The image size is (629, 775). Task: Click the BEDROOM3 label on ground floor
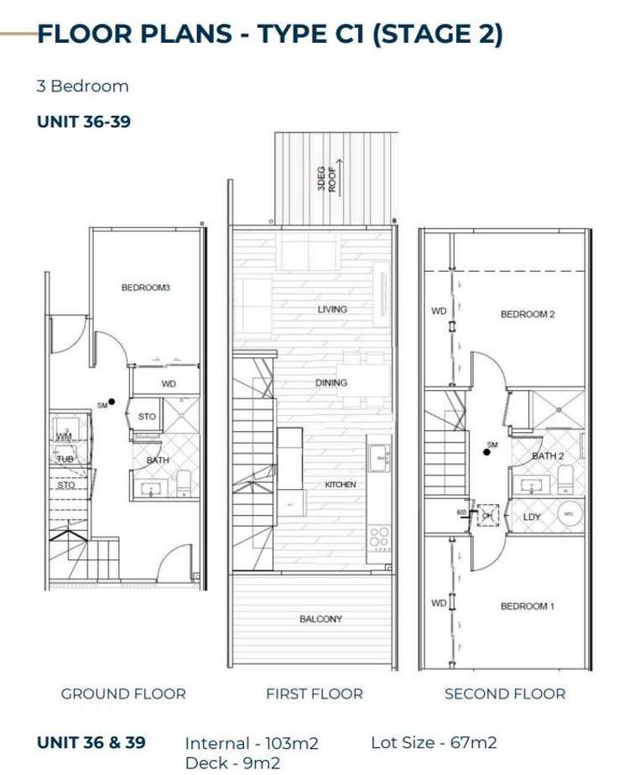145,288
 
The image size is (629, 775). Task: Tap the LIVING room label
332,309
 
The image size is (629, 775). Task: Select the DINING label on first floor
331,382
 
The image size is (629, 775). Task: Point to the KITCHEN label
340,485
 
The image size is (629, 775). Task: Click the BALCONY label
320,619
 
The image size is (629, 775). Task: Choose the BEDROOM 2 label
528,315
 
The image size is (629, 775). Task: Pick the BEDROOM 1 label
528,606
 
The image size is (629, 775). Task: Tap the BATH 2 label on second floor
548,455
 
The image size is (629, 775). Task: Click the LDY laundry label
532,517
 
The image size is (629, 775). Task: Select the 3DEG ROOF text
326,177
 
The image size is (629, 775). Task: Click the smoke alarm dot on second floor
486,452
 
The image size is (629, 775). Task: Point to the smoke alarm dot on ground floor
112,402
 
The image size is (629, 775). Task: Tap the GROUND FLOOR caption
123,694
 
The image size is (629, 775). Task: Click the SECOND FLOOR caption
505,694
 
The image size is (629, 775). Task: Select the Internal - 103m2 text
252,743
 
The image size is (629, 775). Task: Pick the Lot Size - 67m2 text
434,742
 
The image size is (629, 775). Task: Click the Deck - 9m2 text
232,762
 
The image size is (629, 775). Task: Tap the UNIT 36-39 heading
84,122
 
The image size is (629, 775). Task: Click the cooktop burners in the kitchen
377,537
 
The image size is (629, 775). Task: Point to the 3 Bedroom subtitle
83,86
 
